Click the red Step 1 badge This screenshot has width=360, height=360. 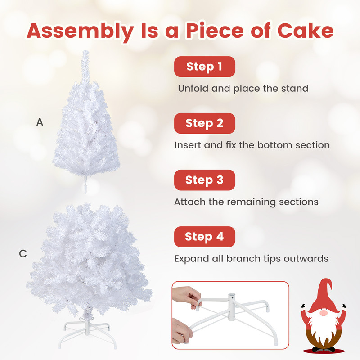coord(205,67)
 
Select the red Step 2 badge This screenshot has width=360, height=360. coord(205,123)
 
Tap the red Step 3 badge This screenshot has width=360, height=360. coord(205,180)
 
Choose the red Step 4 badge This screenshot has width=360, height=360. coord(205,237)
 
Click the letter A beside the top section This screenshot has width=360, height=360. coord(40,122)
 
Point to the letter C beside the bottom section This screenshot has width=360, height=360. coord(23,254)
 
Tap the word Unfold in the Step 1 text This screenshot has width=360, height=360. coord(193,88)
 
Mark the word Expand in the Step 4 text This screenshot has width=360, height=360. coord(191,259)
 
